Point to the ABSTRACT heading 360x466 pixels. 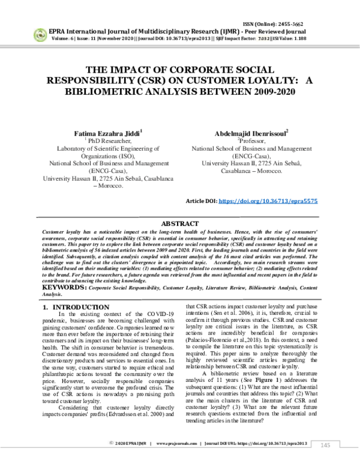pos(180,222)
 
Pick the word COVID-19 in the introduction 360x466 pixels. pos(158,315)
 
